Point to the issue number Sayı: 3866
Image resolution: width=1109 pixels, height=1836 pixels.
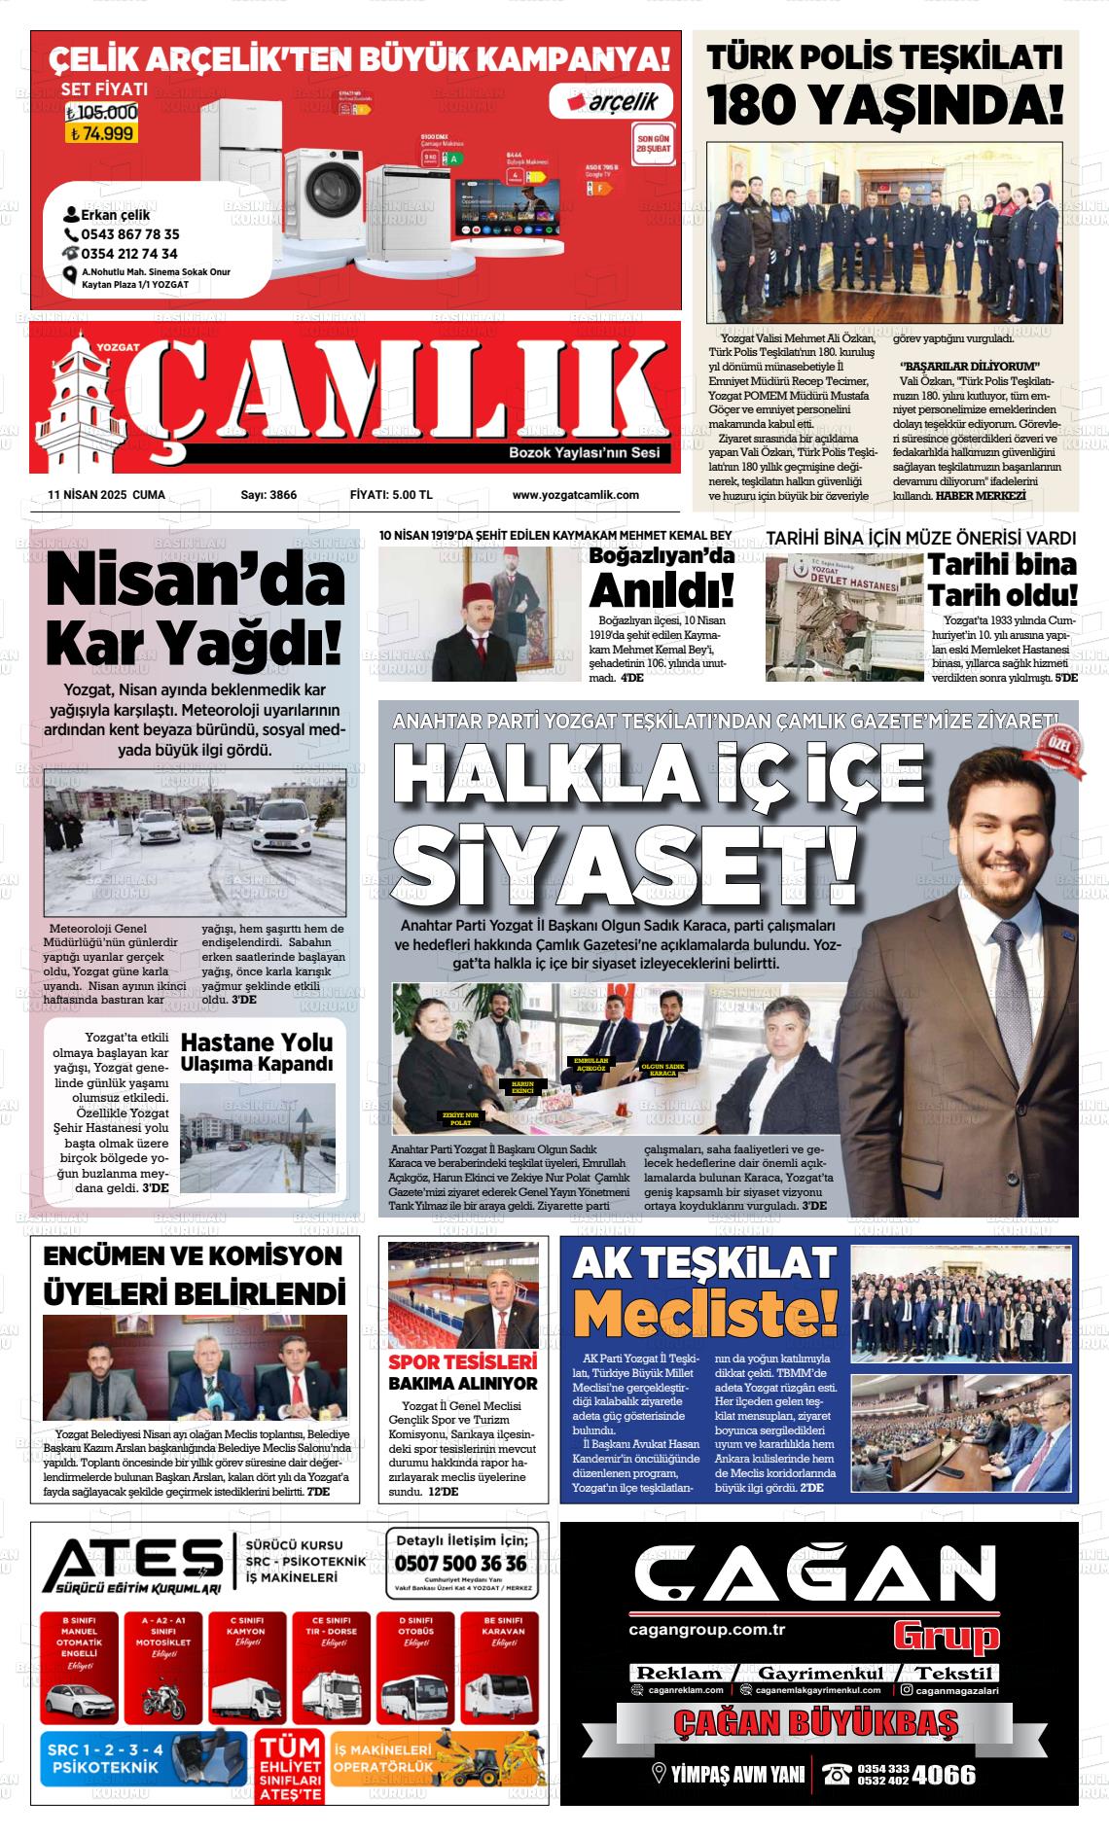click(268, 495)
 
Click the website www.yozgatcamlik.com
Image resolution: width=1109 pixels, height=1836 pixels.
click(575, 495)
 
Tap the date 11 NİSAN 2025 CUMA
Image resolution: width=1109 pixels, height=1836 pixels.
click(106, 495)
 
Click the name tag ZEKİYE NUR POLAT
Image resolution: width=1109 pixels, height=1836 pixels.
click(460, 1118)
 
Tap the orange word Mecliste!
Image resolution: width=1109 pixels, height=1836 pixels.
click(705, 1313)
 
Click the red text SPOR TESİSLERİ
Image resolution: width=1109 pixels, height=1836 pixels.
click(463, 1361)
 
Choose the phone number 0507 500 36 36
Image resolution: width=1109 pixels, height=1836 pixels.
click(461, 1563)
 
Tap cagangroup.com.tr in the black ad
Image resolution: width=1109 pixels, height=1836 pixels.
click(706, 1629)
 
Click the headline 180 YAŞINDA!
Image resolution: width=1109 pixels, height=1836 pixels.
click(886, 105)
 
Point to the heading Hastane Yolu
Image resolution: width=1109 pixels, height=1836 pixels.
click(256, 1042)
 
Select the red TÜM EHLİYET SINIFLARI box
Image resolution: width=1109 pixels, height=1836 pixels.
click(289, 1768)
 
